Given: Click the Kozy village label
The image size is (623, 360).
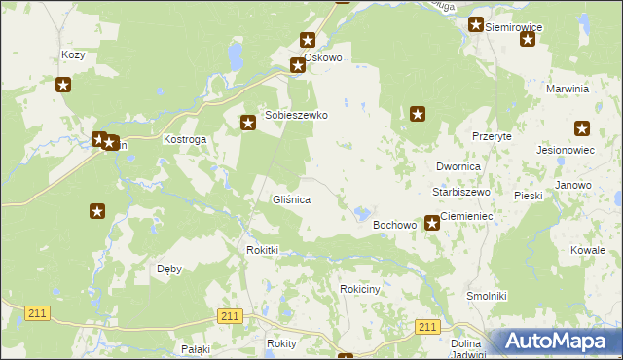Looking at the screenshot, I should [73, 55].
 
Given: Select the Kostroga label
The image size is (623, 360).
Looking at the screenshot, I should [185, 140].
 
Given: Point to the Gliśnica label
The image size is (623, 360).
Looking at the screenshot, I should [290, 199].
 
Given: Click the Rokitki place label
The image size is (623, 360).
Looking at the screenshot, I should [262, 250].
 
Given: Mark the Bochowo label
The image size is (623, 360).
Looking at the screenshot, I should [395, 225].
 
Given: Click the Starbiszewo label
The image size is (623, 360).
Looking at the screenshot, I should [461, 193].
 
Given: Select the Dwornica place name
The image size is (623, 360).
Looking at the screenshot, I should [458, 167].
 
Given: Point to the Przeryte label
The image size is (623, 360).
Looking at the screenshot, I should [492, 137].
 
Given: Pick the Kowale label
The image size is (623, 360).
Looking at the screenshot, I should [588, 250].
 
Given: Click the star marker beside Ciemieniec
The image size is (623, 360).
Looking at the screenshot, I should [432, 224].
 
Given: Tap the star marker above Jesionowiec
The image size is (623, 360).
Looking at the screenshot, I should [582, 128].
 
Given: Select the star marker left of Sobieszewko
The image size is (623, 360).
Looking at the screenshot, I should [248, 123].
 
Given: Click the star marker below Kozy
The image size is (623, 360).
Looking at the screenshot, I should [63, 85].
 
